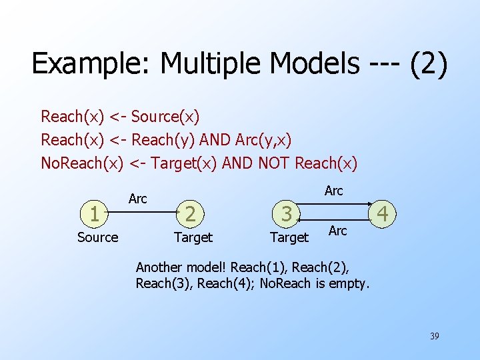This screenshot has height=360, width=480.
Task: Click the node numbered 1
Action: pos(96,214)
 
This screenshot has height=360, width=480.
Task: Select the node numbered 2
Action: pos(191,214)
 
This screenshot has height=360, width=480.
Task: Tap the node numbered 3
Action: pos(287,214)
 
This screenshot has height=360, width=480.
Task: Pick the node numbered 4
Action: pos(382,214)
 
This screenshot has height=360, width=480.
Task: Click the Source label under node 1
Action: pos(97,237)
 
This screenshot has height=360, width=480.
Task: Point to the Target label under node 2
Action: pos(193,237)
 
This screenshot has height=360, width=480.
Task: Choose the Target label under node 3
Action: pos(289,237)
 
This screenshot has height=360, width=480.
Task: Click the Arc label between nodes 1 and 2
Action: pos(137,199)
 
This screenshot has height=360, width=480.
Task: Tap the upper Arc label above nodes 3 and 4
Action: pos(333,191)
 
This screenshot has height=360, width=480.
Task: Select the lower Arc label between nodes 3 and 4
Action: pos(338,231)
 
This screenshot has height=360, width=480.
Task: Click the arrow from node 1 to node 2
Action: pos(143,213)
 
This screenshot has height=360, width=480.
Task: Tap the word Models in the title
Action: pos(303,64)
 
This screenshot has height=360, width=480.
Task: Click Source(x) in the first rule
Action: pos(165,117)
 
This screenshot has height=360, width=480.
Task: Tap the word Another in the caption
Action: pos(159,267)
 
